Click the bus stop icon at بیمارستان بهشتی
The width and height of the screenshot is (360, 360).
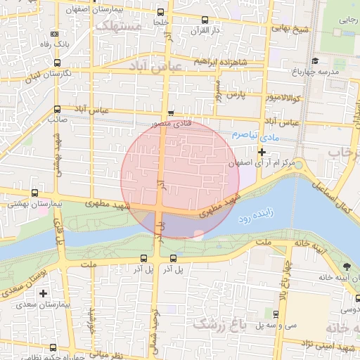(34, 193)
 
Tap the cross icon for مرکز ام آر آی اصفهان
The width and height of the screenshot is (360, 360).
(262, 152)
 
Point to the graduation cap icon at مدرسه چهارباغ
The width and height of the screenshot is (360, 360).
(315, 61)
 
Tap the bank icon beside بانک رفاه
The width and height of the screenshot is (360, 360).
(56, 34)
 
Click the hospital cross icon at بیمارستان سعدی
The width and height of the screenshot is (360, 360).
(44, 292)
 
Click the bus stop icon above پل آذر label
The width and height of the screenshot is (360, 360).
(143, 257)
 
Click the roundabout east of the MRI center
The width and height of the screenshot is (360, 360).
(298, 165)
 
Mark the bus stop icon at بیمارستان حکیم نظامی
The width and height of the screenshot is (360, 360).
(53, 347)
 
